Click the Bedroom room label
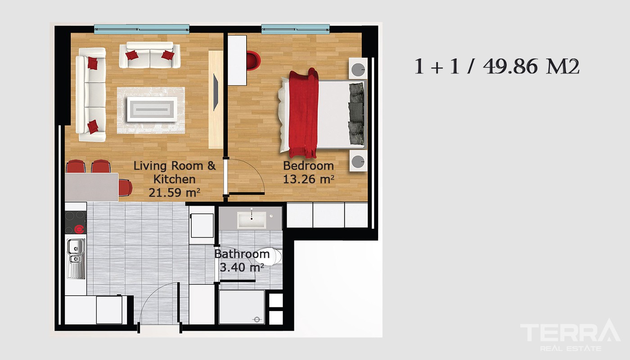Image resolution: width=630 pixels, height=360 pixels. pos(308,166)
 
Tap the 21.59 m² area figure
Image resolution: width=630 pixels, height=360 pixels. pos(175,193)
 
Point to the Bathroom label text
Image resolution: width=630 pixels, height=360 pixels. pos(242,254)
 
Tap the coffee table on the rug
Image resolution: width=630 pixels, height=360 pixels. pos(152,109)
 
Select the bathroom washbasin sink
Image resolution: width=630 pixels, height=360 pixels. pos(251,220)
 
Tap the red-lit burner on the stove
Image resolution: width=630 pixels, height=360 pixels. pos(80,229)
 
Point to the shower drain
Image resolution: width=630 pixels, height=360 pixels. pos(256,319)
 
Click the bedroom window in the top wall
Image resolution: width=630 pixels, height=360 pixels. pos(295,29)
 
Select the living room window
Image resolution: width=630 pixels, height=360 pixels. pos(141,29)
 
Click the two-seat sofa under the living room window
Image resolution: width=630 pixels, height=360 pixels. pos(149,55)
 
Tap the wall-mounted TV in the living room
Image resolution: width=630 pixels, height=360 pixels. pos(215,92)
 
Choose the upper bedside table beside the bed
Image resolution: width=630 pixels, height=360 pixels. pos(358,68)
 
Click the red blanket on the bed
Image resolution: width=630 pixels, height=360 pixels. pos(303,113)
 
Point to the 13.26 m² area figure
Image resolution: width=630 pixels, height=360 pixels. pos(309,179)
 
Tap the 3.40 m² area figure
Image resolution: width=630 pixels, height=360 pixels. pos(242,267)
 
